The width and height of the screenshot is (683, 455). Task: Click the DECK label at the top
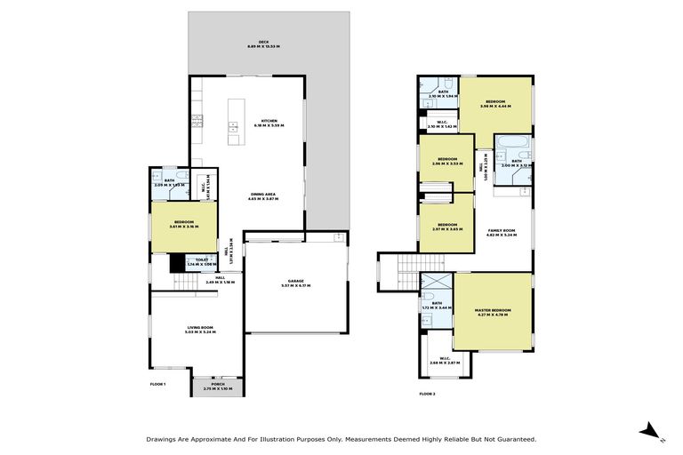pyautogui.click(x=263, y=44)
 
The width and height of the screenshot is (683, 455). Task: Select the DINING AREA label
pyautogui.click(x=264, y=196)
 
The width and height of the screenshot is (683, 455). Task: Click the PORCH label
pyautogui.click(x=218, y=386)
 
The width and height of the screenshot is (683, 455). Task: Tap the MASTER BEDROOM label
pyautogui.click(x=494, y=311)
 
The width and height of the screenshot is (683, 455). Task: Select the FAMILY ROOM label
pyautogui.click(x=502, y=234)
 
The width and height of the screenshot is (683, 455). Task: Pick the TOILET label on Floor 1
pyautogui.click(x=203, y=262)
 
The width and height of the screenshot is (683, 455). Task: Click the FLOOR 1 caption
pyautogui.click(x=157, y=384)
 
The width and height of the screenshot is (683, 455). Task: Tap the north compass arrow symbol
pyautogui.click(x=651, y=433)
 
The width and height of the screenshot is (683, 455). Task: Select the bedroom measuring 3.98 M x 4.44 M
pyautogui.click(x=495, y=105)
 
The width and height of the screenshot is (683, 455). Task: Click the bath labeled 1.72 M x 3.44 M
pyautogui.click(x=437, y=305)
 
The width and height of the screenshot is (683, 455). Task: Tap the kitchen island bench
pyautogui.click(x=234, y=121)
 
